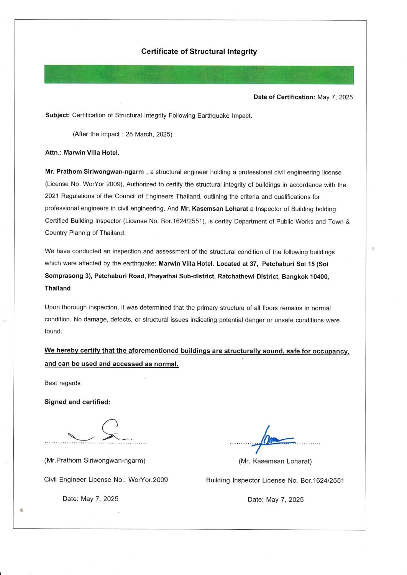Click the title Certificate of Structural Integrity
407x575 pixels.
pos(199,52)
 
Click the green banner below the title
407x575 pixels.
pos(199,75)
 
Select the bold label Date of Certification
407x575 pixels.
pos(284,97)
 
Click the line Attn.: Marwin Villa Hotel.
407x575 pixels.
pos(82,153)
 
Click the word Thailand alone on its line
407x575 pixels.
pos(58,288)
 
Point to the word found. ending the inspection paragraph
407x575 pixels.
pos(53,331)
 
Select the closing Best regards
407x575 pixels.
pos(62,383)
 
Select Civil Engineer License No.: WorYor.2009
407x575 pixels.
pos(106,480)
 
